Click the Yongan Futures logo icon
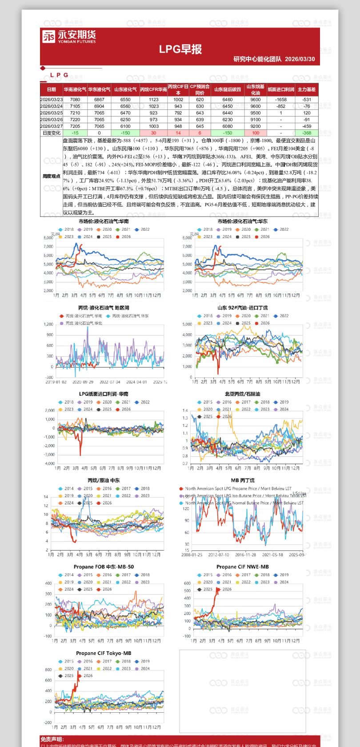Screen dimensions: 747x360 [x=48, y=36]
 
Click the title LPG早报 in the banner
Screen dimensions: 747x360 [x=180, y=49]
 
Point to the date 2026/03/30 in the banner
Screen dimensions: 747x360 [x=300, y=59]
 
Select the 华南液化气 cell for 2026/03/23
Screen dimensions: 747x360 [x=75, y=100]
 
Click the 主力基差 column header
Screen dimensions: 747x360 [x=307, y=89]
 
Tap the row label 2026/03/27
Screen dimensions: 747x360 [x=52, y=126]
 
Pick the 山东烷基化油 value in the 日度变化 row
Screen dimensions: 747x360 [x=256, y=133]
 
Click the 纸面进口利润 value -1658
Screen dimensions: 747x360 [x=281, y=100]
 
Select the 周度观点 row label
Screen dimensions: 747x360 [x=52, y=176]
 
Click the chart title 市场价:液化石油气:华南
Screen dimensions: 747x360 [x=104, y=221]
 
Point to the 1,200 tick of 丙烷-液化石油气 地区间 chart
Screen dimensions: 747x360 [x=48, y=325]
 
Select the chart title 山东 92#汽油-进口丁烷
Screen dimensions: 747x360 [x=243, y=308]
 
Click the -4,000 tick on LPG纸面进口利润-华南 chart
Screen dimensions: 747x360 [x=49, y=463]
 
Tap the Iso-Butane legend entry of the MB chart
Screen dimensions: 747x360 [x=242, y=496]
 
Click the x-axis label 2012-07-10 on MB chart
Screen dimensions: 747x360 [x=219, y=555]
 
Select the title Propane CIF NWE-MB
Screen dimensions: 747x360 [x=243, y=567]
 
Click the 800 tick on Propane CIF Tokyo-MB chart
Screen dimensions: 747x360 [x=48, y=670]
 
